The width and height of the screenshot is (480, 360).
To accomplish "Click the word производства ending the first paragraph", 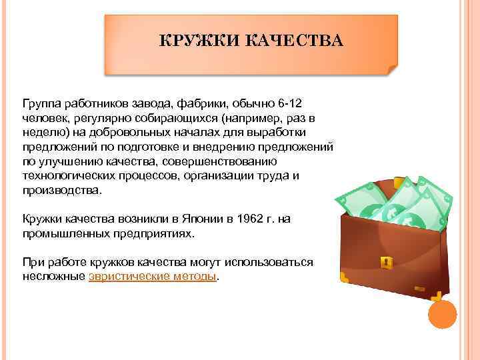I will pos(62,190).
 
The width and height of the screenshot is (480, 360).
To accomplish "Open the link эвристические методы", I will pos(153,276).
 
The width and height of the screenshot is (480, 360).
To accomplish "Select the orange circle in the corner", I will pos(441,315).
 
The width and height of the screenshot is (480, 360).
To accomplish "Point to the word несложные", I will pos(53,276).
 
